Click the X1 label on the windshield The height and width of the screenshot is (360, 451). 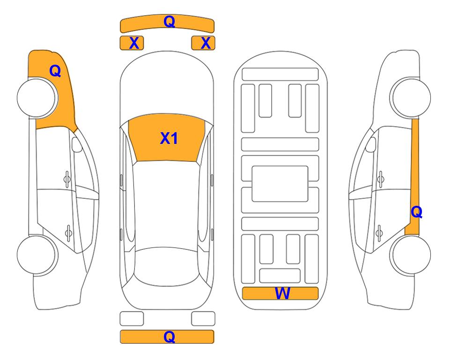coord(169,138)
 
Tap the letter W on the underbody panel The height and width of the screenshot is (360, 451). coord(282,293)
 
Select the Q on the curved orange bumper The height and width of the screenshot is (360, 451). coord(169,22)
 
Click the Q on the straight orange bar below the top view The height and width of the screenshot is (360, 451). coord(169,337)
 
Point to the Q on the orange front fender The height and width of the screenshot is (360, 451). coord(55,71)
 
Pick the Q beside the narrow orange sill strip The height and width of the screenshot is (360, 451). coord(416,212)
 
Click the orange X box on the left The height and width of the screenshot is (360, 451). coord(132,43)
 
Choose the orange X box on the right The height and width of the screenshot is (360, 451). coord(203,43)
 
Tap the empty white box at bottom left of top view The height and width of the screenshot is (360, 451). coord(132,319)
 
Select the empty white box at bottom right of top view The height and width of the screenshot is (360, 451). coord(203,319)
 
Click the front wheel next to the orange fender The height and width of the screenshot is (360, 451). coord(37,98)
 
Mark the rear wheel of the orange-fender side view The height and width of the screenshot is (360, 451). coord(37,255)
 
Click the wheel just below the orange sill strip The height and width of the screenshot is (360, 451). coord(411,255)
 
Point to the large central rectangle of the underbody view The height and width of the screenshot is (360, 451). coord(280,184)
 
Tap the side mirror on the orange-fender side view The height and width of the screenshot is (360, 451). coord(76,144)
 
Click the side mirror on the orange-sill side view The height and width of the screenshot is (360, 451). coord(371,144)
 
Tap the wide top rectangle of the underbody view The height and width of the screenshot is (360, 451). coord(280,75)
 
